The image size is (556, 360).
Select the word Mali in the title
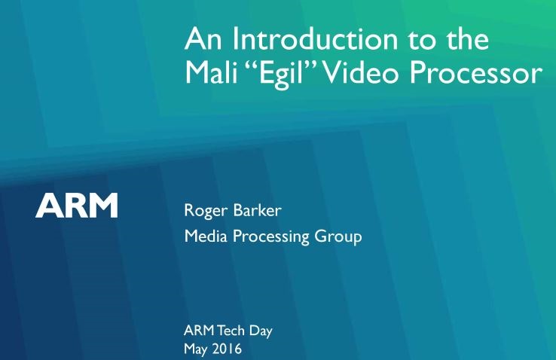tap(211, 72)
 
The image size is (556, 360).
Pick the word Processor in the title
tap(476, 73)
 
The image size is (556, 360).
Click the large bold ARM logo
tap(77, 205)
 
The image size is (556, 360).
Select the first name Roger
tap(206, 211)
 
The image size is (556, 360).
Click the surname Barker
tap(258, 210)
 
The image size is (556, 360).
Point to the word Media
tap(206, 236)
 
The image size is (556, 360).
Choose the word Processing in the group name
tap(270, 236)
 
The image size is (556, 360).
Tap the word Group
tap(338, 237)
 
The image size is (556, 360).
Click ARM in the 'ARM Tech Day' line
tap(199, 331)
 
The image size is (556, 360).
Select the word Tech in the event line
tap(231, 331)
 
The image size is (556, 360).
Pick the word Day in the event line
tap(261, 331)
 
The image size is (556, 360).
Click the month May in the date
tap(196, 349)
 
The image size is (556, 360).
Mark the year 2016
tap(227, 349)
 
